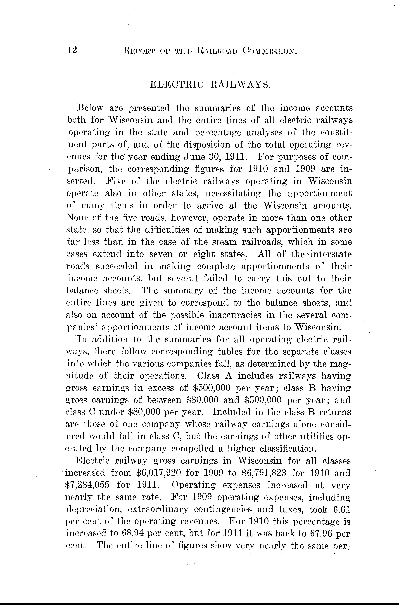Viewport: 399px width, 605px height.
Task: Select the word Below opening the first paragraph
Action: [90, 108]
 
